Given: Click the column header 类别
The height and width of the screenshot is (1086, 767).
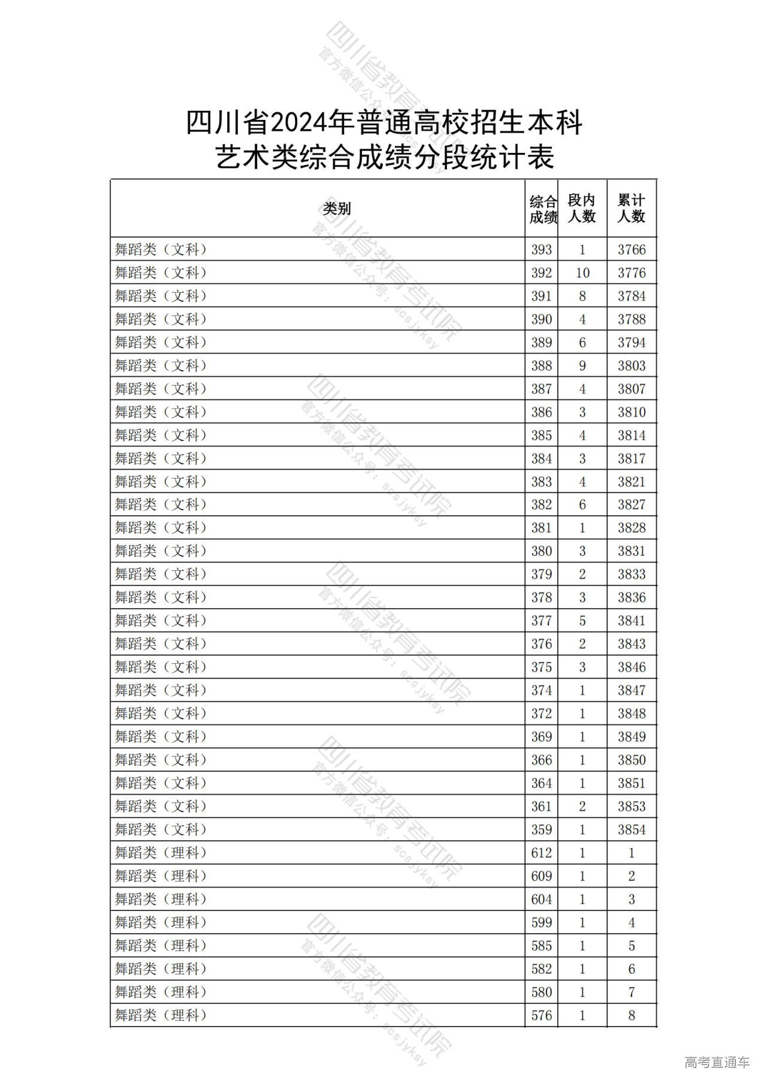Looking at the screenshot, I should tap(336, 209).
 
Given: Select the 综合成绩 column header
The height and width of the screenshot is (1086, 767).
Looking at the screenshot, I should tap(542, 209).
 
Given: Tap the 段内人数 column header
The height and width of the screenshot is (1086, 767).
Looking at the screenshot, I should tap(582, 209).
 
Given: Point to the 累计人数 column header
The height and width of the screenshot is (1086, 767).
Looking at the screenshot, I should tap(632, 209).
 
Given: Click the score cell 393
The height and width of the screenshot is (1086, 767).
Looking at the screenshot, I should tap(542, 250).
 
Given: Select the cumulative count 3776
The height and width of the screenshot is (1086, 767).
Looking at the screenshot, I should tap(632, 273).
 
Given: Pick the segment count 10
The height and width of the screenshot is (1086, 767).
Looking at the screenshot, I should tap(582, 273).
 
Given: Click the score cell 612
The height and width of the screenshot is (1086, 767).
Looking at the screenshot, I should tap(542, 853).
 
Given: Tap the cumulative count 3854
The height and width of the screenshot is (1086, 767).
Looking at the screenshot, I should tap(632, 830).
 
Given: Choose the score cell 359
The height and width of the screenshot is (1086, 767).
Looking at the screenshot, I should tap(542, 830).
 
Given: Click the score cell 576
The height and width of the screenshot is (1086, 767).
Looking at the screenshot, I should tap(542, 1015).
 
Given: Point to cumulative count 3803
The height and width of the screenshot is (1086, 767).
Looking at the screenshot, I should tap(632, 366).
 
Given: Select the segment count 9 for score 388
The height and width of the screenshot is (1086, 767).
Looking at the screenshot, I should tap(582, 366).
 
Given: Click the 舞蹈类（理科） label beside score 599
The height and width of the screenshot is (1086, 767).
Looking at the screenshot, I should tap(161, 922).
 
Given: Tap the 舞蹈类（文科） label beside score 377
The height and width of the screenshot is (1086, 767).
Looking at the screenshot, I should tap(161, 621).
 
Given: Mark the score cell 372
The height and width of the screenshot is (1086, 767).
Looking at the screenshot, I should tap(542, 714).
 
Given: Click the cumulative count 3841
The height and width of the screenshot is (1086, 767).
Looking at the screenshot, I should tap(632, 621).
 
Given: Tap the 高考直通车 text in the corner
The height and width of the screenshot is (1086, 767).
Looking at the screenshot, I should tap(717, 1062).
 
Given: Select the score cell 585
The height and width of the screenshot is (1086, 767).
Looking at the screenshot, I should tap(542, 946).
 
